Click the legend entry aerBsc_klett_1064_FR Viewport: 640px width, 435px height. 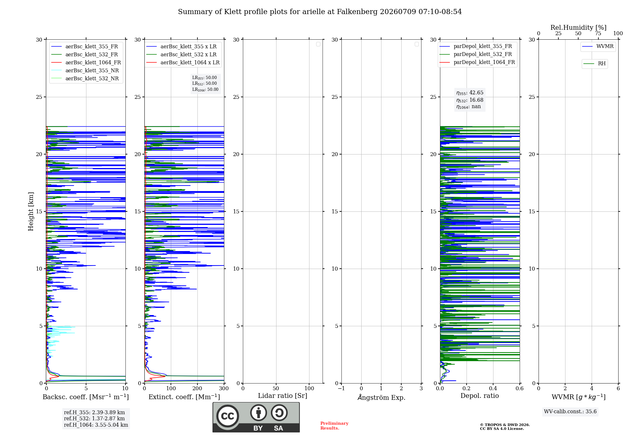click(x=86, y=62)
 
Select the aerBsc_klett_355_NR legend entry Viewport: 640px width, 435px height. click(x=85, y=70)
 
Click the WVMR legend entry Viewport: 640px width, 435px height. click(x=598, y=46)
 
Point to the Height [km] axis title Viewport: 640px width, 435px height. click(x=31, y=211)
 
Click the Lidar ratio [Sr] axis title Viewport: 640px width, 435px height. click(x=283, y=396)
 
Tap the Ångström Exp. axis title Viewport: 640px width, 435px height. click(x=381, y=397)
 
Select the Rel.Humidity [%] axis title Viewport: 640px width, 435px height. click(x=579, y=28)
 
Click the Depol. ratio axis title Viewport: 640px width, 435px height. click(x=480, y=396)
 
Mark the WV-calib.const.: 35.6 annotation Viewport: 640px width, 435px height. click(x=570, y=412)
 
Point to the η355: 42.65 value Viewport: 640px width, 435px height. click(x=470, y=93)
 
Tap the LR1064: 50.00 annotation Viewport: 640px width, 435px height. click(x=205, y=90)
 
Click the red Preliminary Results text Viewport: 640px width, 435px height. click(x=334, y=426)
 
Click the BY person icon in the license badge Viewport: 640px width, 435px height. click(x=259, y=413)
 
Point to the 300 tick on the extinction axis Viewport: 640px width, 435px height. click(x=224, y=388)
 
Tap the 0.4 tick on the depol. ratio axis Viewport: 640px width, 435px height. click(x=493, y=388)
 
